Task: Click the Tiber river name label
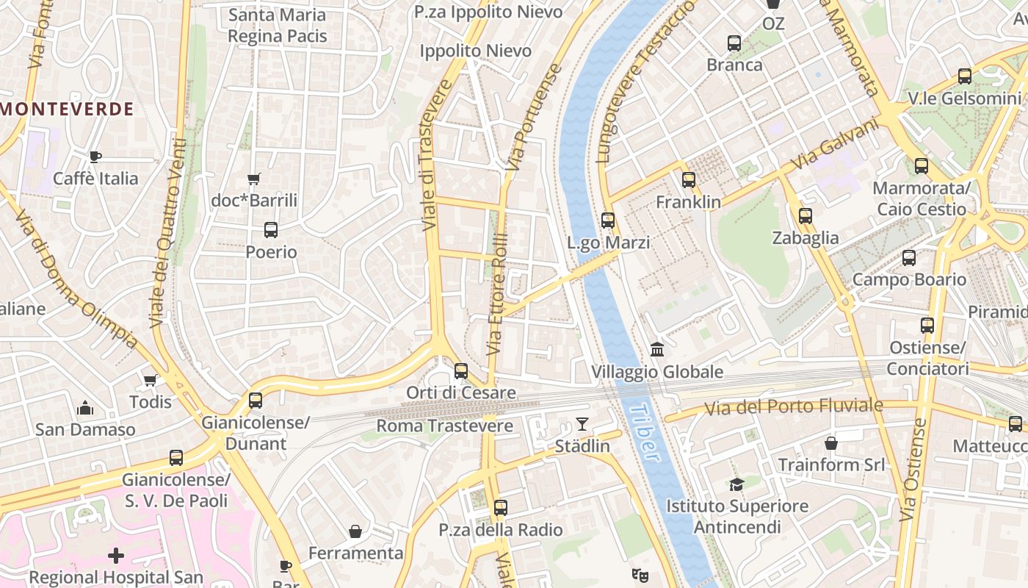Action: [643, 433]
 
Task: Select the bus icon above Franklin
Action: [688, 180]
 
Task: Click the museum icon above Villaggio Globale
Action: [657, 349]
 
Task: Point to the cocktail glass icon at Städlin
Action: [582, 423]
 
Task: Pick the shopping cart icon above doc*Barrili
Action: [254, 179]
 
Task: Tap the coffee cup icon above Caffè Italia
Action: [95, 157]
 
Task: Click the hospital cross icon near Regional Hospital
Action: [116, 556]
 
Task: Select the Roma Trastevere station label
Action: [444, 426]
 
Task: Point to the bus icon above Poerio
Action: [271, 230]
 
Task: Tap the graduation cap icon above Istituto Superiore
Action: [736, 484]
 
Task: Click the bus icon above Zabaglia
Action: [806, 216]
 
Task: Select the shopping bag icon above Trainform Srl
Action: [831, 443]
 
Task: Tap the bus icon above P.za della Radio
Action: [501, 508]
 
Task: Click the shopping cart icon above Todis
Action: [151, 380]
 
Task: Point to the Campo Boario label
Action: [909, 279]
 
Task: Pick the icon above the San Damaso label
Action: [85, 408]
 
